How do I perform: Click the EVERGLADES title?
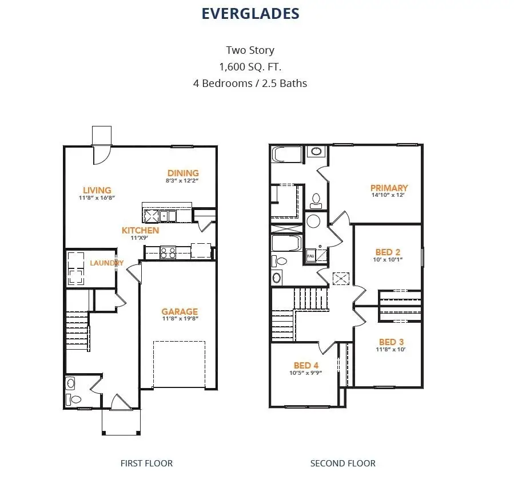[250, 14]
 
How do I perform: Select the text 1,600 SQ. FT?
[250, 66]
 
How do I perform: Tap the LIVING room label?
[97, 190]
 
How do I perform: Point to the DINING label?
[183, 173]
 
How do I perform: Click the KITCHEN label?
[140, 230]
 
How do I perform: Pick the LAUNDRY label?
[106, 263]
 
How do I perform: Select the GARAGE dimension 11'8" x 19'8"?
[179, 319]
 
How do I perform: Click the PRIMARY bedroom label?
[389, 188]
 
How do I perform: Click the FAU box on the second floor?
[311, 256]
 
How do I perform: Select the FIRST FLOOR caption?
[146, 463]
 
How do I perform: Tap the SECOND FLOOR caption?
[342, 463]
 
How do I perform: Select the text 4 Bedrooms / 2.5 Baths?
[250, 83]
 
